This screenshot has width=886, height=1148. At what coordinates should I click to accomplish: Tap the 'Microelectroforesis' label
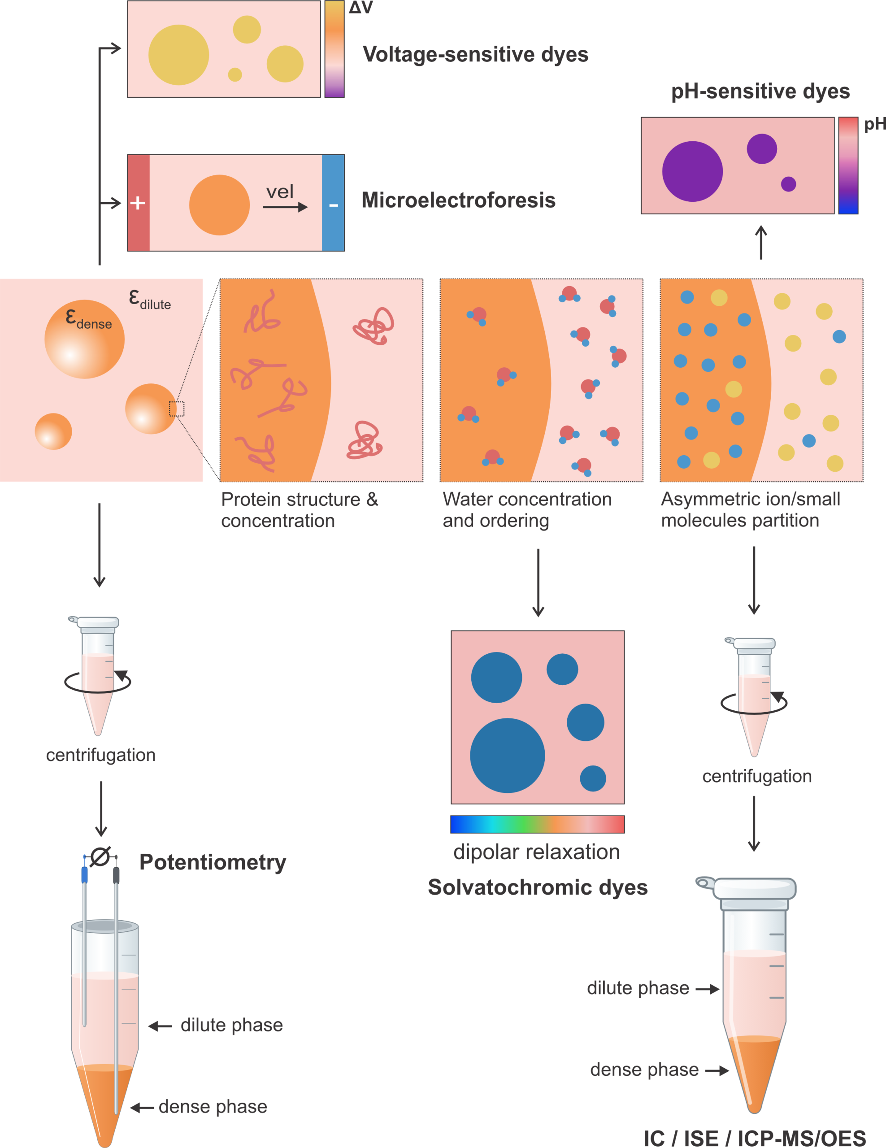click(458, 200)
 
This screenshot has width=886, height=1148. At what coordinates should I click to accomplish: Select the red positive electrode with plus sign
click(139, 203)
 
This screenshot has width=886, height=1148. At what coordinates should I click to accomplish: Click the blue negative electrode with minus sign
click(333, 203)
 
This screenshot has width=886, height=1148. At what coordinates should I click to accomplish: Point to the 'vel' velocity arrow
click(285, 207)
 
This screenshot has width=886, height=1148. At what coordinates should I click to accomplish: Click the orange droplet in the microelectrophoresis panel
click(219, 205)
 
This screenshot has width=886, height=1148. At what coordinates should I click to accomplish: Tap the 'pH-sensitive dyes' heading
click(760, 91)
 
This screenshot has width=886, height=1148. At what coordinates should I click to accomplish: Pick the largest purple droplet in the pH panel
click(692, 171)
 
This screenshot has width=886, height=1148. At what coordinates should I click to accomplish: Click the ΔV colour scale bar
click(334, 49)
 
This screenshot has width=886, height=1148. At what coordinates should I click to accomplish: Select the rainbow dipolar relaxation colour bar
click(538, 824)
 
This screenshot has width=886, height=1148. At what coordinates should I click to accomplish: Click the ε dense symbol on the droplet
click(88, 318)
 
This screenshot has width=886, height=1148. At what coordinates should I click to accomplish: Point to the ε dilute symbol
click(150, 300)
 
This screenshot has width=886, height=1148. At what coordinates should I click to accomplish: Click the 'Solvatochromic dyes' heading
click(538, 887)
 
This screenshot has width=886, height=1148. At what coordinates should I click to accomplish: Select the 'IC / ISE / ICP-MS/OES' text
click(755, 1138)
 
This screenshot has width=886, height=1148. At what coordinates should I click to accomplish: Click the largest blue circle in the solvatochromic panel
click(507, 755)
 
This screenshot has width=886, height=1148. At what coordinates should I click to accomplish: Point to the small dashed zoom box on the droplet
click(177, 409)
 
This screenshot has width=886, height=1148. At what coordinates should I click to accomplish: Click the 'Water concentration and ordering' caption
click(527, 510)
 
